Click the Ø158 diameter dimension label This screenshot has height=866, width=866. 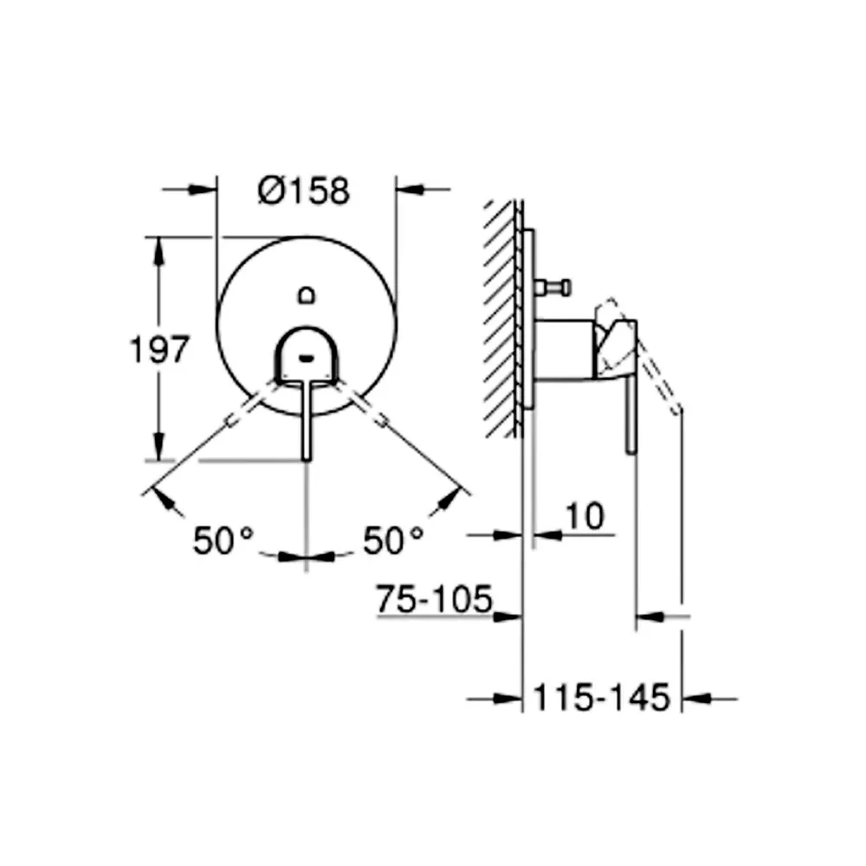304,191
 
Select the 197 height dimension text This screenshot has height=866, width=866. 159,350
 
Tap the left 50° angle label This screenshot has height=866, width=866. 223,540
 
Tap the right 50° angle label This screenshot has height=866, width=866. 393,540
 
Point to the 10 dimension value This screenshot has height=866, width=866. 585,516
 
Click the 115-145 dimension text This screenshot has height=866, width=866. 602,697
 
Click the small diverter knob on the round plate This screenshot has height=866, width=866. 307,295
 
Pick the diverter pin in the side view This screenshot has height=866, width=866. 553,288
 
